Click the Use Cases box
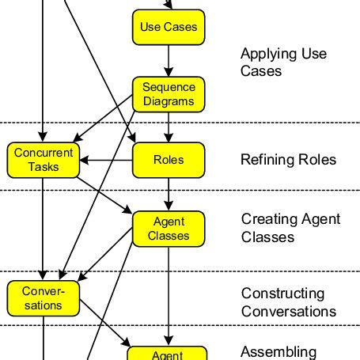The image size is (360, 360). click(x=168, y=27)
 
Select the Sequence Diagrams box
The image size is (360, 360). click(x=168, y=94)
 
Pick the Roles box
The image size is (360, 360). click(x=168, y=159)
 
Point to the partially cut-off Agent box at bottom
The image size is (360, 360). click(x=168, y=354)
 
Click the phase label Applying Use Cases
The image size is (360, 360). click(x=283, y=63)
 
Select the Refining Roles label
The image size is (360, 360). click(x=288, y=160)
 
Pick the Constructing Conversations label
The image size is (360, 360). click(x=288, y=302)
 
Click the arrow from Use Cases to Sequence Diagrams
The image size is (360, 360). click(x=168, y=60)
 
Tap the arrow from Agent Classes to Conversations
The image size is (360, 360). click(x=111, y=261)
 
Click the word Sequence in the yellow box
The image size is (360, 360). click(x=168, y=87)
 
